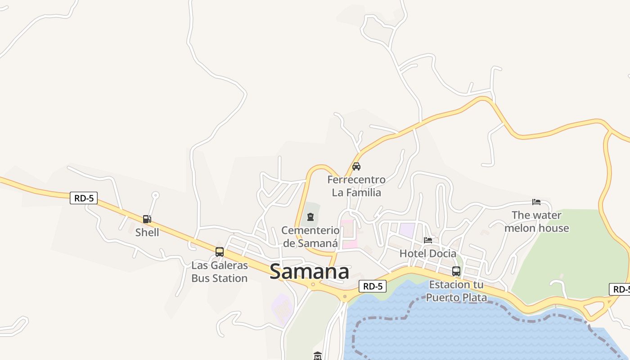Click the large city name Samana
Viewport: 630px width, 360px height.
(x=309, y=272)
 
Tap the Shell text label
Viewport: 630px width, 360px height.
(x=147, y=232)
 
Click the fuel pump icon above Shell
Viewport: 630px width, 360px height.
(x=147, y=219)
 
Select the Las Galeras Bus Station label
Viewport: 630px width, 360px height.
(x=219, y=272)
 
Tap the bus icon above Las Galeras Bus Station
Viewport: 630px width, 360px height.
(x=219, y=252)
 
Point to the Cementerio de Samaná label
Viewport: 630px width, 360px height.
(x=310, y=237)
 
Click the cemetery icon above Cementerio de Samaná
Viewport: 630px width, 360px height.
(x=310, y=217)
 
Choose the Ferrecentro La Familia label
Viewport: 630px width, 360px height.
(x=356, y=186)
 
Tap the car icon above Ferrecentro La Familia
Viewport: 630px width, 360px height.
(x=356, y=166)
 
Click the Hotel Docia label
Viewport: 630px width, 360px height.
(x=427, y=253)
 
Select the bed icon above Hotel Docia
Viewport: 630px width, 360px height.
(x=427, y=240)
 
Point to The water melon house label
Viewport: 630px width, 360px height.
(x=536, y=221)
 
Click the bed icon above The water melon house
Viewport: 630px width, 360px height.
(x=536, y=202)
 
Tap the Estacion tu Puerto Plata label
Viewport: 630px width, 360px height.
(x=456, y=291)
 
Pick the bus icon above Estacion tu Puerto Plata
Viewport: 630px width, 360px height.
(x=456, y=271)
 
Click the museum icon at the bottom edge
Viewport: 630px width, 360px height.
(x=318, y=356)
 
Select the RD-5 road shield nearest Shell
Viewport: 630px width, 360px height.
(x=84, y=198)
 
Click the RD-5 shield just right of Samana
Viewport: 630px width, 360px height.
(x=373, y=286)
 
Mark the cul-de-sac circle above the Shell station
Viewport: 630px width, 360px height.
(x=155, y=195)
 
